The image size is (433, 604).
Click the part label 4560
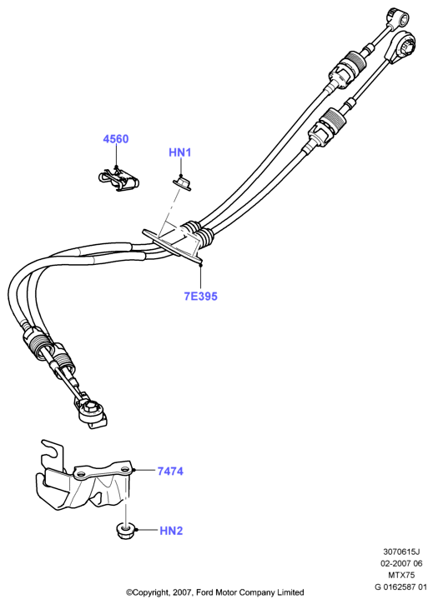coord(116,139)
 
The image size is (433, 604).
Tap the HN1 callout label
coord(180,152)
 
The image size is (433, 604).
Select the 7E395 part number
coord(201,297)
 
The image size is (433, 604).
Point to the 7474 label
coord(170,471)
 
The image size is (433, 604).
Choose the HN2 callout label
coord(171,531)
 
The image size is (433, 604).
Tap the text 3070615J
coord(402,552)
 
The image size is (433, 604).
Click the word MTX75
coord(402,575)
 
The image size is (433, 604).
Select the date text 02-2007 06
coord(402,563)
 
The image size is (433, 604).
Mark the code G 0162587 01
coord(401,587)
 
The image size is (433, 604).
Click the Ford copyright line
coord(215,592)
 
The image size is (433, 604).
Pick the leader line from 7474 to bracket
coord(144,471)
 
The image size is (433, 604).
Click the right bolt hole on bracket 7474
coord(124,470)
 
